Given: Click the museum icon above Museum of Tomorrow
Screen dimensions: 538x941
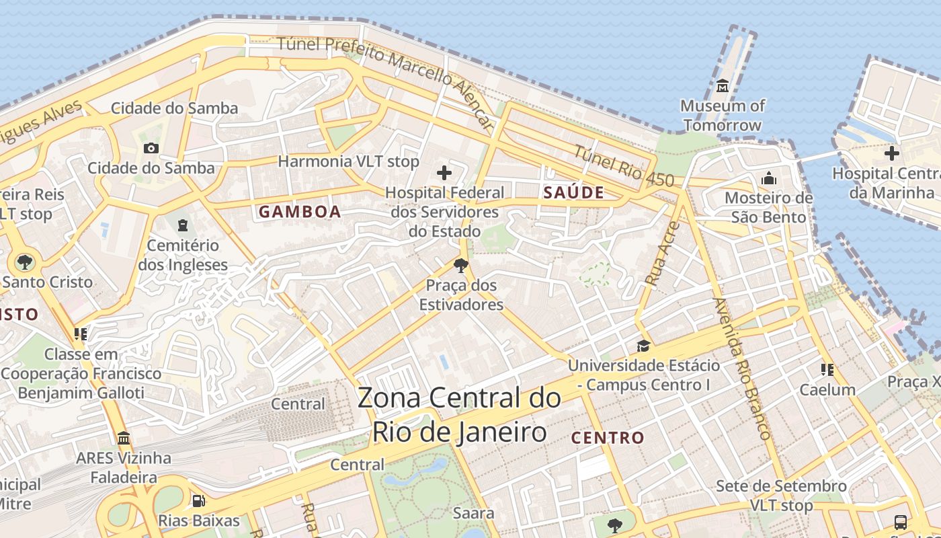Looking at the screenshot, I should pos(723,86).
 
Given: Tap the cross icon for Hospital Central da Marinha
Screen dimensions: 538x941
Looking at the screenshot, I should pos(892,153).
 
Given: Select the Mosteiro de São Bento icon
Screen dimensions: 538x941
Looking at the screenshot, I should pos(769,178).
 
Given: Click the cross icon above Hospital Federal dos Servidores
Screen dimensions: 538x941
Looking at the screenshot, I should pos(444,173).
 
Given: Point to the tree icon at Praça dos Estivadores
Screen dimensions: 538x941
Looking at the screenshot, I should pos(461,266).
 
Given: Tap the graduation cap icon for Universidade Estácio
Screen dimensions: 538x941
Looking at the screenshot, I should pos(643,346).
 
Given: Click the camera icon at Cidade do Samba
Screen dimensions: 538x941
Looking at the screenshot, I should pos(151,148).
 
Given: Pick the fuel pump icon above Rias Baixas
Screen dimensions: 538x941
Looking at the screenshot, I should pos(198,500).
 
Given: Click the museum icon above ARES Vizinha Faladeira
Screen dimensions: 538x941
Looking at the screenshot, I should pos(124,438).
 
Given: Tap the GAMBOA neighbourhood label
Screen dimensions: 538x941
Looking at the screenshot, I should pos(300,212).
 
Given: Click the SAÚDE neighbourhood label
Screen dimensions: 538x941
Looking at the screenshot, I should pos(573,192).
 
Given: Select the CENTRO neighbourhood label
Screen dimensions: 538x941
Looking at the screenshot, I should pos(608,438).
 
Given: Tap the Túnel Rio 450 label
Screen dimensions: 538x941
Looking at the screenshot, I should pos(622,165).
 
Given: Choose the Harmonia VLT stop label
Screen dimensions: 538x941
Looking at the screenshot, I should pos(348,161).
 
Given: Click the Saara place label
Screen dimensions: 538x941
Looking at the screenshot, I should pos(473,513).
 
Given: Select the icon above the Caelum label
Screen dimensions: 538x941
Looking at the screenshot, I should pos(827,370).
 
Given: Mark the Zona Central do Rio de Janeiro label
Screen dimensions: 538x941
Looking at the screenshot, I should pos(459,414).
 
